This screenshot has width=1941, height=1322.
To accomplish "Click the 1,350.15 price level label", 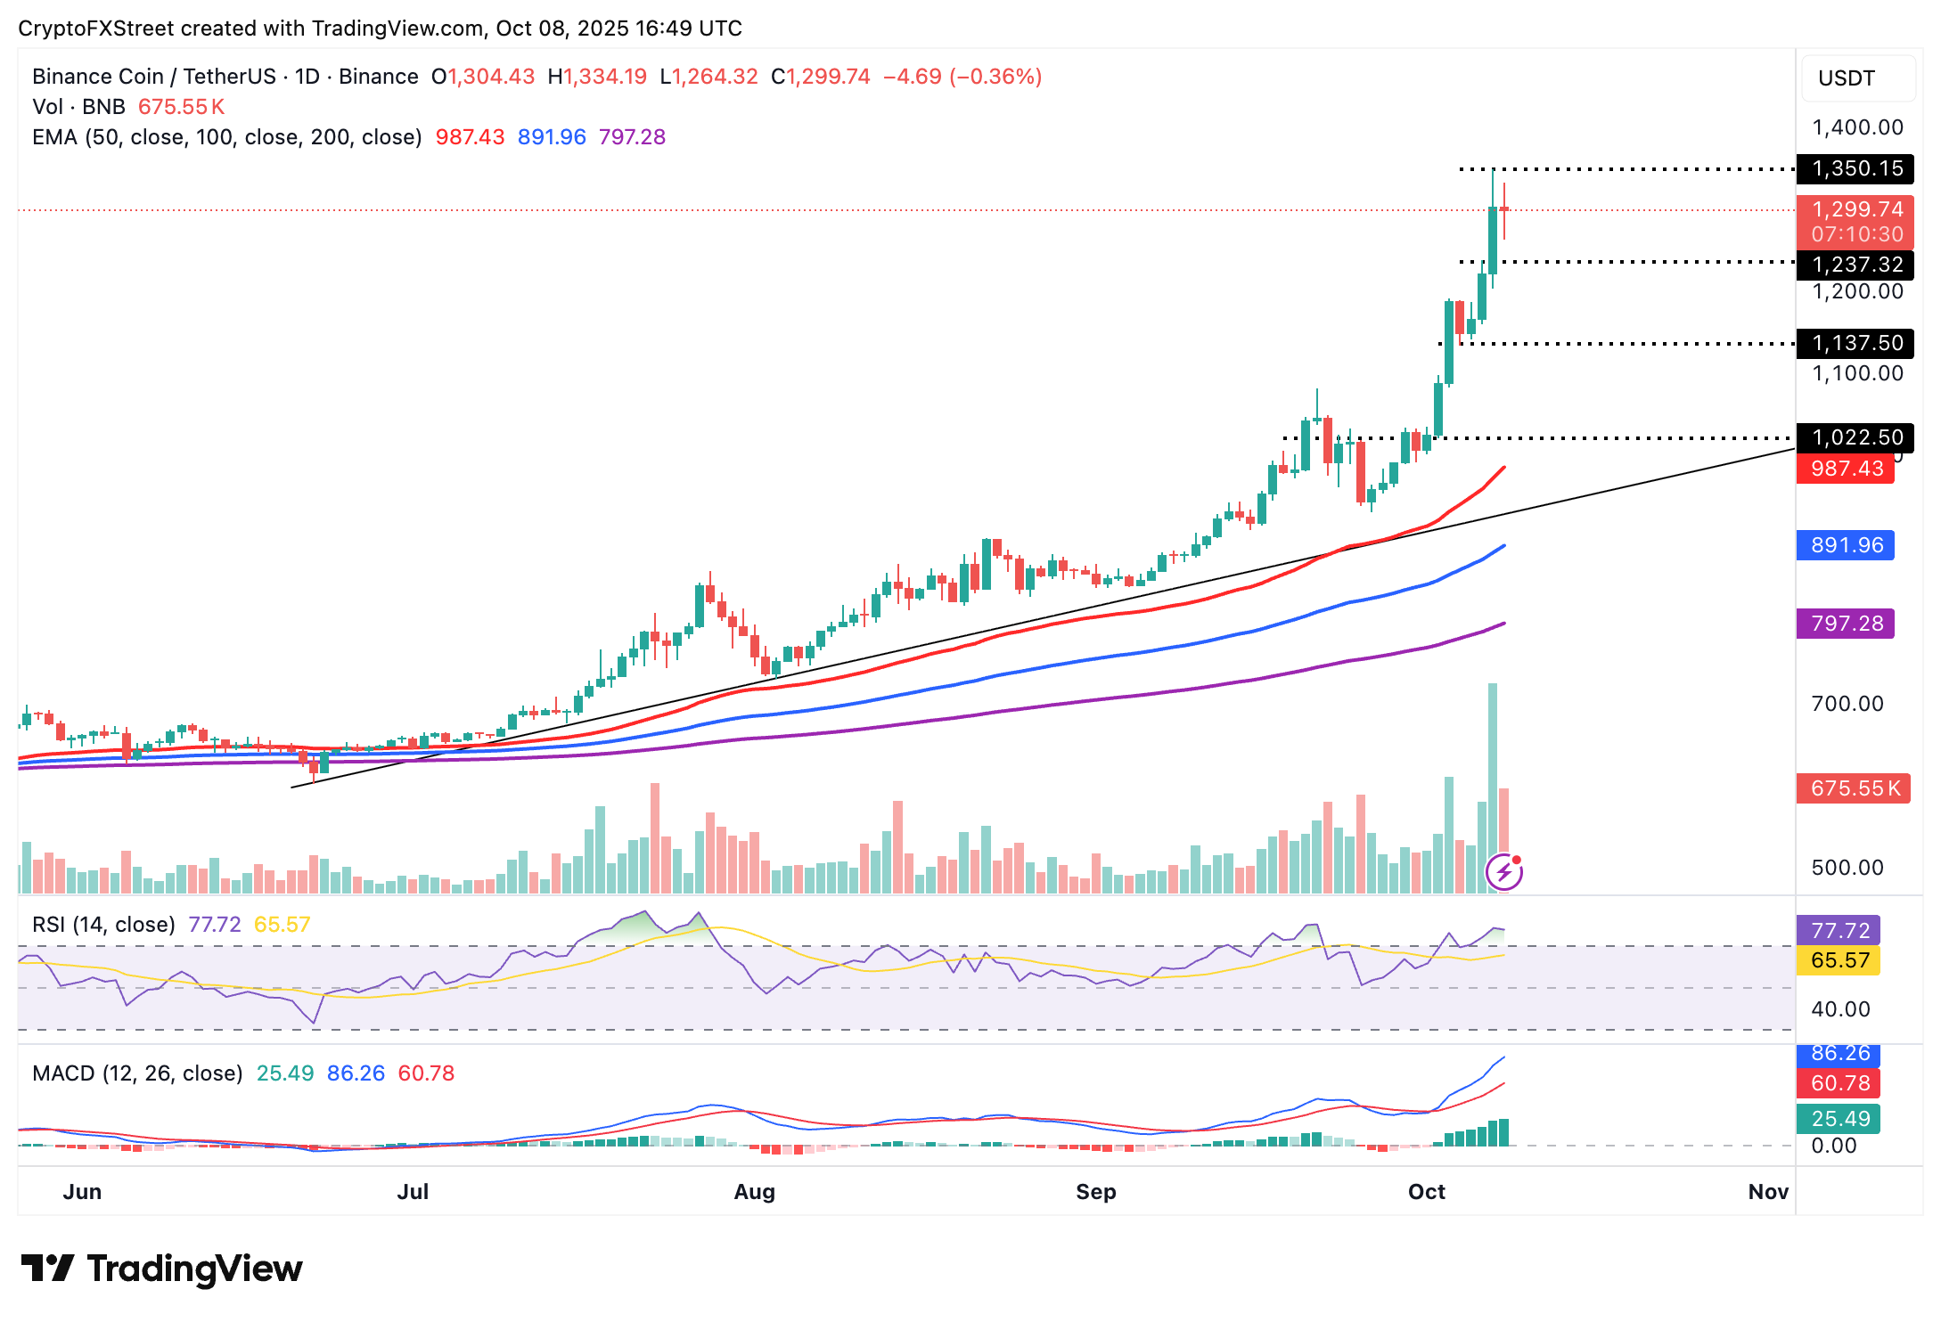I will [1856, 168].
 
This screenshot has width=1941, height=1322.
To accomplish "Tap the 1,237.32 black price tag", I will [1856, 265].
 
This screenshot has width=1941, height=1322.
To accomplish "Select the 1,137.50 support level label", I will [1856, 343].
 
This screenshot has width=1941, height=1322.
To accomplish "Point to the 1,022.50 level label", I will [1856, 437].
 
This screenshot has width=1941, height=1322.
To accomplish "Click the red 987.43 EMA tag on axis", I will [1846, 469].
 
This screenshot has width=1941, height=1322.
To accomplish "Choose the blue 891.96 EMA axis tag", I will [1846, 545].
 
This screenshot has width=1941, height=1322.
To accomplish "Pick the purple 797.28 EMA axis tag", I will [1846, 624].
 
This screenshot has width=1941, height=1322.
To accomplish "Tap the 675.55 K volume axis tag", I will [1854, 788].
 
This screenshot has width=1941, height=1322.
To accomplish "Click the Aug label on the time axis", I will [754, 1192].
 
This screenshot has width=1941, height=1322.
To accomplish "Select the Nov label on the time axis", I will [1768, 1192].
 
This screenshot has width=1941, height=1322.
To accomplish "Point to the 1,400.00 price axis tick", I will [1857, 127].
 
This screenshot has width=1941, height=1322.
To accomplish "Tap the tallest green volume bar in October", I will [1493, 784].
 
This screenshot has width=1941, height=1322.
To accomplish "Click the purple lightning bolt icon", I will [1504, 872].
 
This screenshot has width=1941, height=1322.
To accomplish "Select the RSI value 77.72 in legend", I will [215, 925].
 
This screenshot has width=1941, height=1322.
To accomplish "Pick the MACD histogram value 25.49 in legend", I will [285, 1073].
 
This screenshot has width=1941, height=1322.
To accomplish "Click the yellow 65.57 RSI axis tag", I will [1839, 960].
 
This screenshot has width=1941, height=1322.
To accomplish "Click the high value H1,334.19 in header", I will [598, 77].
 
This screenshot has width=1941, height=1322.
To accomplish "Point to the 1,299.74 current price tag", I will [1856, 210].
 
